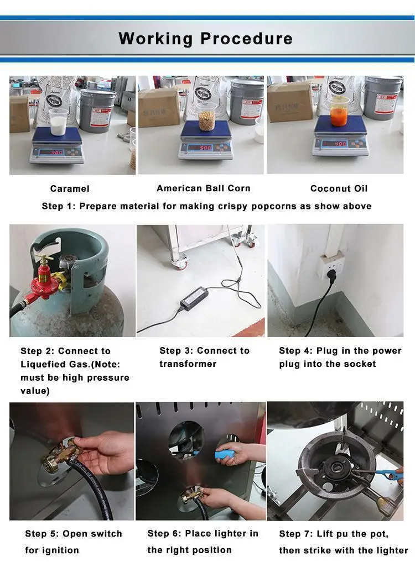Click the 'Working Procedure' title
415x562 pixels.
(205, 39)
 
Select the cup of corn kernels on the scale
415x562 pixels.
(206, 117)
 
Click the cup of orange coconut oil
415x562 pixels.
(339, 113)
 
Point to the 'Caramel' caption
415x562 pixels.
(70, 189)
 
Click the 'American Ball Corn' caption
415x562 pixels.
(203, 188)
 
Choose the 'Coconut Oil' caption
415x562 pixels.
(339, 189)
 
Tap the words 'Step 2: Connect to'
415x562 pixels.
(65, 351)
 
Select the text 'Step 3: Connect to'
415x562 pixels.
(204, 351)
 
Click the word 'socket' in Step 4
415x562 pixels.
(359, 364)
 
